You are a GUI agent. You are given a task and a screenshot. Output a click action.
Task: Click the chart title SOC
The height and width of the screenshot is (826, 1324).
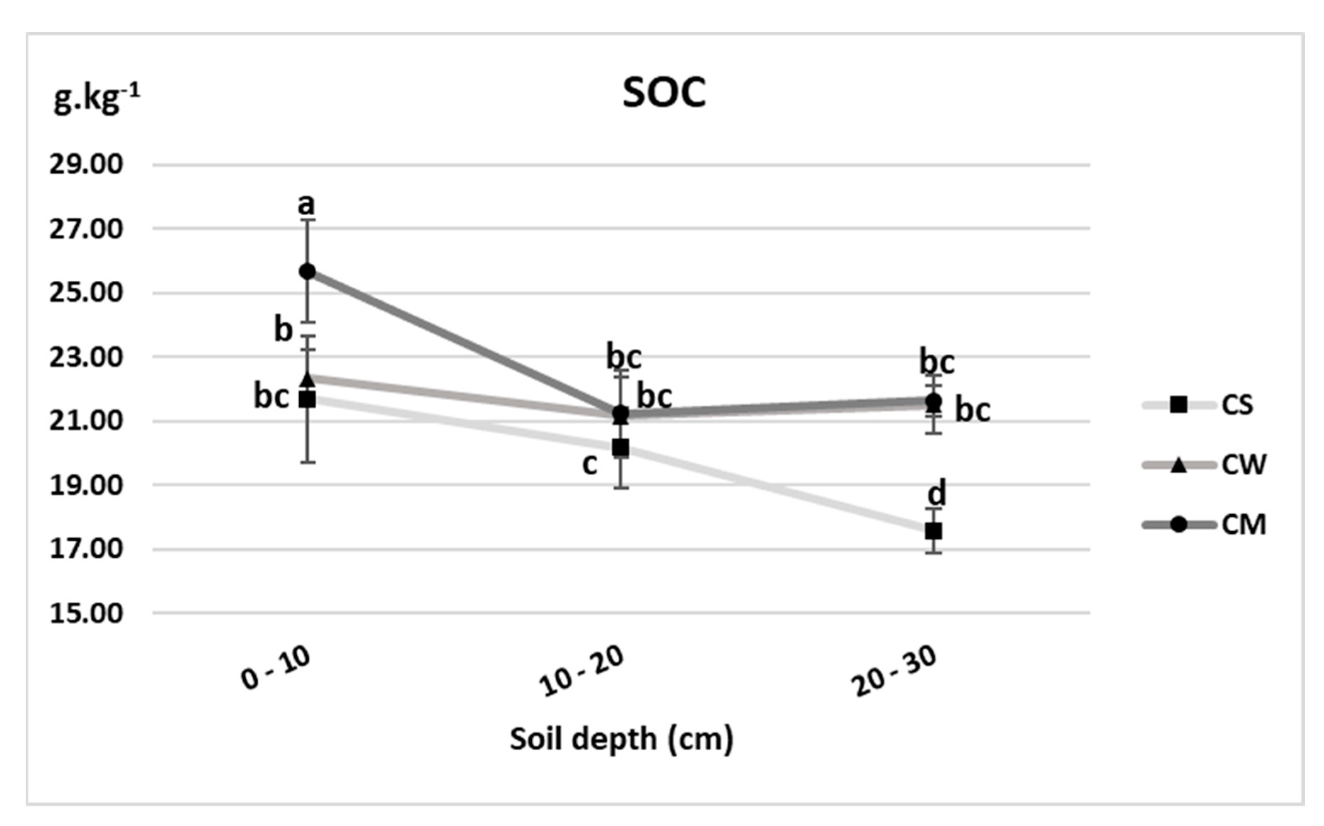coord(664,93)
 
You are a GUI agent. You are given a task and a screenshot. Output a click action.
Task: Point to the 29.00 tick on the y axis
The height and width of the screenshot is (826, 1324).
coord(86,165)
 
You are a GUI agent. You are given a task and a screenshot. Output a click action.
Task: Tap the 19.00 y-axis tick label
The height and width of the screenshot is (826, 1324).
coord(86,486)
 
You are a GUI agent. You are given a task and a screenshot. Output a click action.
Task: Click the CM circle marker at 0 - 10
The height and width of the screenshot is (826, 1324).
coord(308,271)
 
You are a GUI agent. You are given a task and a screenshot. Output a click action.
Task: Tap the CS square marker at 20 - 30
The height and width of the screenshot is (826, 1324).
coord(933,530)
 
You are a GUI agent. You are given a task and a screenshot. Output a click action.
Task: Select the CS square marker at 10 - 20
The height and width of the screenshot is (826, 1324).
coord(620,448)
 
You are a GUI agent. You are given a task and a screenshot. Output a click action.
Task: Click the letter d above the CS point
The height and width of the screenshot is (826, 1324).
coord(937,494)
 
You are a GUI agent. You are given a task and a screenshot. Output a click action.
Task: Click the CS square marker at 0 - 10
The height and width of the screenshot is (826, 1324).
coord(308,400)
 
